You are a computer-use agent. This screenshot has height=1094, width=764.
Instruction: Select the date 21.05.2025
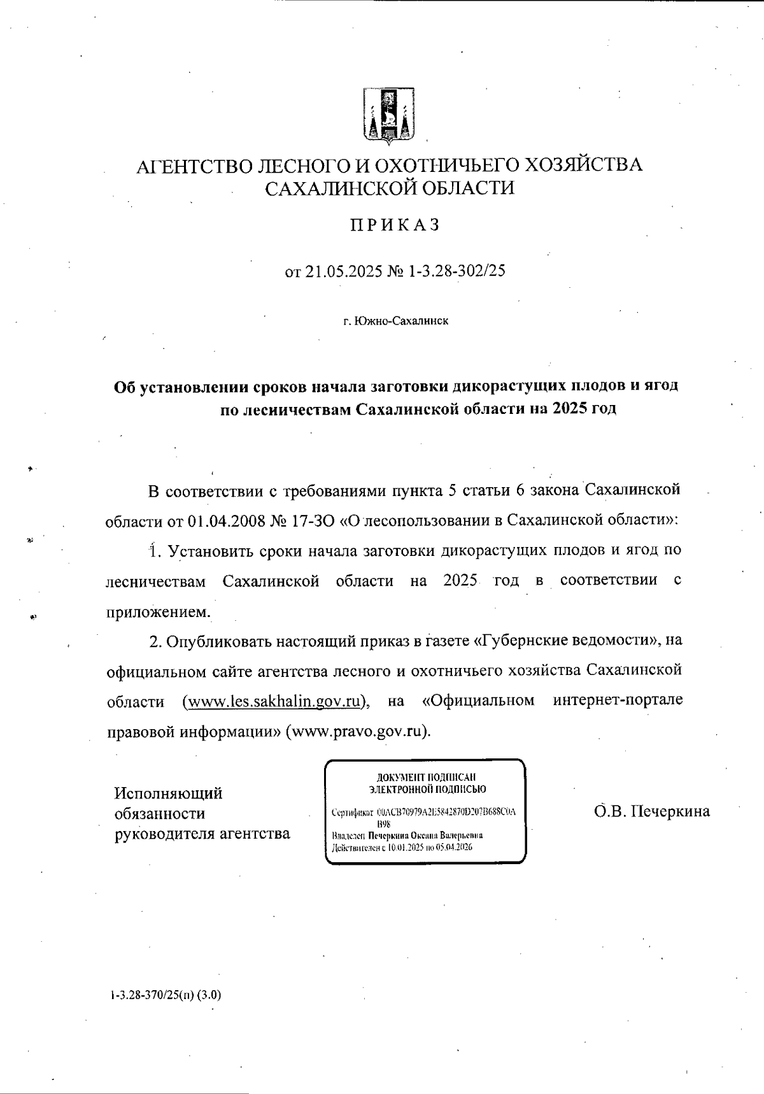[344, 271]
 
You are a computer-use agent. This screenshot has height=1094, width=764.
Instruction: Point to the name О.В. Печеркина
[651, 811]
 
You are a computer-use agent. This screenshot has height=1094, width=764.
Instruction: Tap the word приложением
[157, 611]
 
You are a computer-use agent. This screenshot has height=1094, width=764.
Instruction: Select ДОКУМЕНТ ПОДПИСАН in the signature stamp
[426, 778]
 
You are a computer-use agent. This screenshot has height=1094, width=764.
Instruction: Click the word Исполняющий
[168, 793]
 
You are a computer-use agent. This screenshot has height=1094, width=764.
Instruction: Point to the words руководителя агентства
[202, 833]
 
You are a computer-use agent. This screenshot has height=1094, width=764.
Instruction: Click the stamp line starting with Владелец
[407, 835]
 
